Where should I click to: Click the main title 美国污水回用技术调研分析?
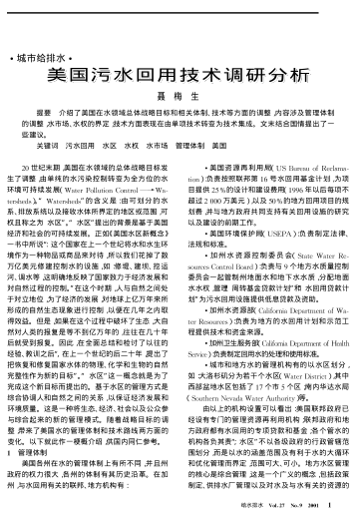tap(180, 46)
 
